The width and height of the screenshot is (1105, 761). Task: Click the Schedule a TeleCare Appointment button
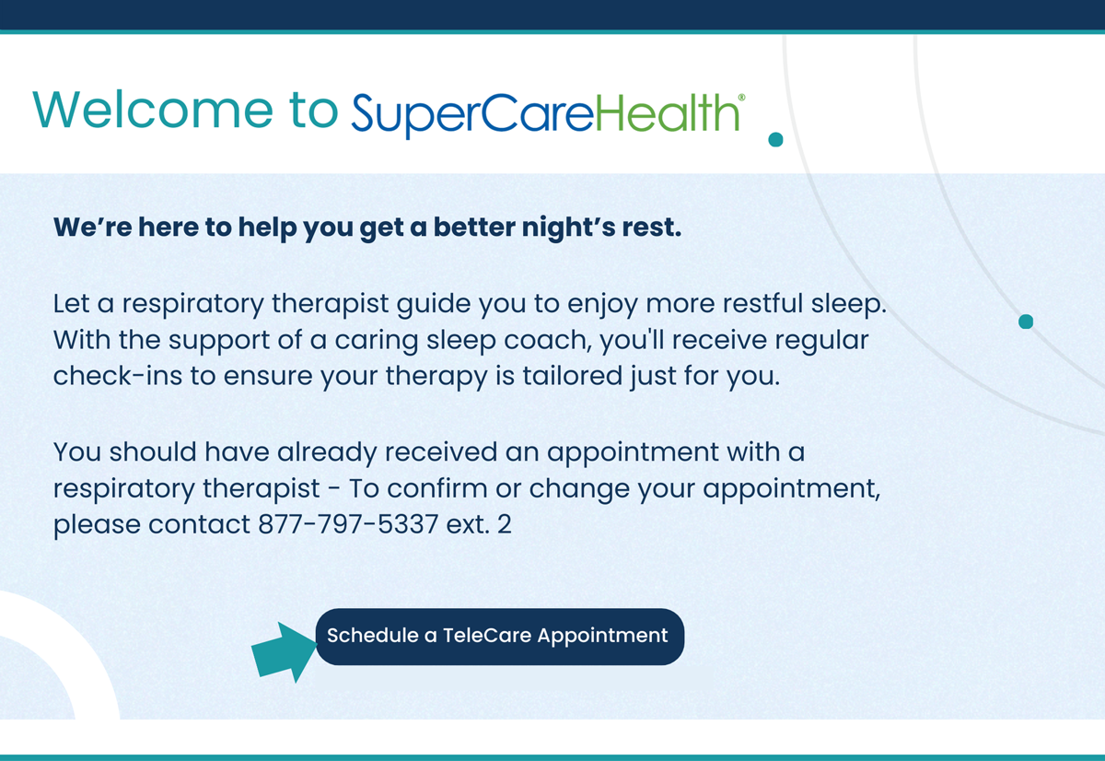(x=499, y=636)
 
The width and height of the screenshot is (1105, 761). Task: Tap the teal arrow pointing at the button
(x=282, y=650)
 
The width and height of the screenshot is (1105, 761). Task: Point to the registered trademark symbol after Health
(x=742, y=96)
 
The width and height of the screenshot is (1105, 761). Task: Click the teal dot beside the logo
(x=775, y=139)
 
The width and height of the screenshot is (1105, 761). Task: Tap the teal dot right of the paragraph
(x=1026, y=322)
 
